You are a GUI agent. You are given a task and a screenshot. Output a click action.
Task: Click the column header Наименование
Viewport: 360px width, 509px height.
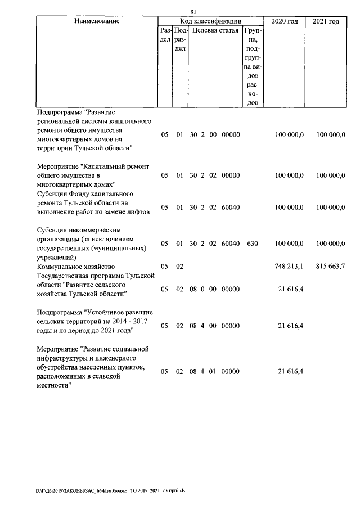click(97, 21)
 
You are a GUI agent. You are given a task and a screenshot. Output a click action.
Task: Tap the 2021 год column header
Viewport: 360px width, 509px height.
click(326, 21)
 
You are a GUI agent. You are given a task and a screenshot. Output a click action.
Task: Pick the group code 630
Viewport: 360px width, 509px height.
click(252, 244)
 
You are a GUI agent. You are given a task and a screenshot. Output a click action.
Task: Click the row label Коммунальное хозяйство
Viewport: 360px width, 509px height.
click(76, 267)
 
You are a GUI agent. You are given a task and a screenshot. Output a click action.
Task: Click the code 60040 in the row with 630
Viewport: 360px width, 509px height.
click(231, 244)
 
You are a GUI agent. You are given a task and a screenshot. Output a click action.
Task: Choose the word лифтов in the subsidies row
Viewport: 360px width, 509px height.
click(138, 212)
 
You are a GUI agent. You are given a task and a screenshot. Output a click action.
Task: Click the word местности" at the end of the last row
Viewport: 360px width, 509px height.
click(56, 385)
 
